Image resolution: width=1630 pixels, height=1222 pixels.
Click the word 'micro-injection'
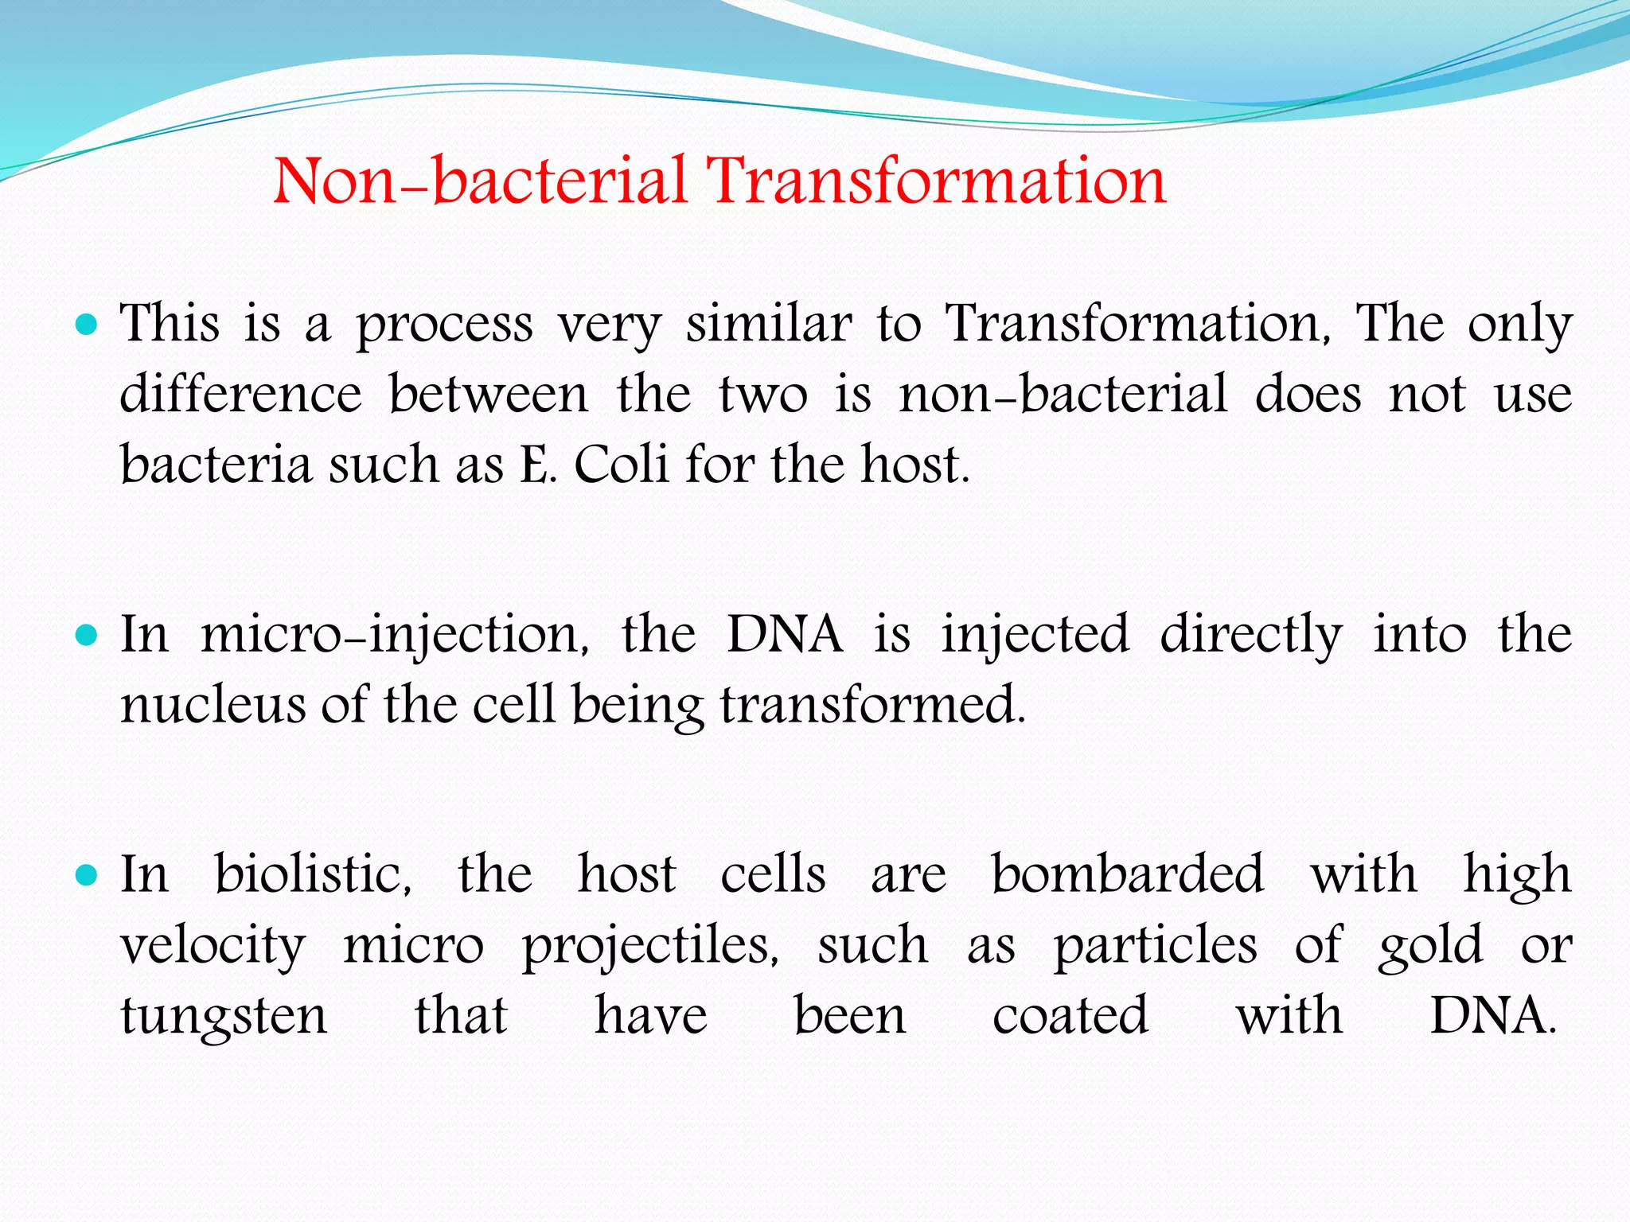pos(394,636)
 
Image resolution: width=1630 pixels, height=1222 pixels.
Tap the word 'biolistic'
pos(313,874)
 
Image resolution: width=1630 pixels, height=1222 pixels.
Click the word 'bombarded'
pos(1127,874)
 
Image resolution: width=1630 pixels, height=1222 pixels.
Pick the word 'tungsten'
pos(224,1017)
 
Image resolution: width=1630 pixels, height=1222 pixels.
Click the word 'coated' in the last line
pos(1070,1016)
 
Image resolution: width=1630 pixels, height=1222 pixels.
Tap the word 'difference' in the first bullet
pos(240,395)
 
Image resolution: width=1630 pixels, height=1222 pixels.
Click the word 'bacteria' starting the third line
pos(215,465)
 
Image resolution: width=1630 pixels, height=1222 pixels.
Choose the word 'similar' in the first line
pos(769,325)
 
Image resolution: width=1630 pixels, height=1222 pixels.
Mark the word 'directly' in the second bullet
pos(1250,636)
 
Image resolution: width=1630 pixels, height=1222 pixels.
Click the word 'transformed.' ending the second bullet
pos(873,705)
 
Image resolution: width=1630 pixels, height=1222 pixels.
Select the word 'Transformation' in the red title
pos(937,181)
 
